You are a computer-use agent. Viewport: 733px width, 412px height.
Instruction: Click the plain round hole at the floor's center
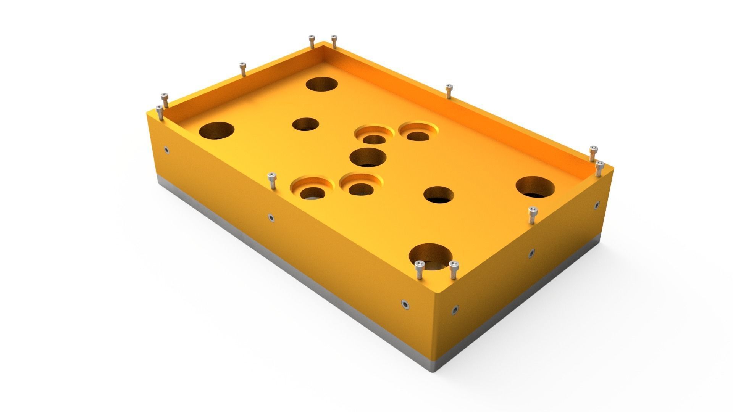point(368,158)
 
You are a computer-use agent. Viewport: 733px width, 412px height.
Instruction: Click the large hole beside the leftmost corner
point(216,130)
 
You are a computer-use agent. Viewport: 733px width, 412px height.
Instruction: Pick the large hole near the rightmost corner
point(535,187)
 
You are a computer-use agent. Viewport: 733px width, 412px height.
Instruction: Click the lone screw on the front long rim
point(271,180)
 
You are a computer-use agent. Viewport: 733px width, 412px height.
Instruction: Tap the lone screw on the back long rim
point(449,91)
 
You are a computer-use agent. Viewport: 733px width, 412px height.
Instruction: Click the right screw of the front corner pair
point(454,269)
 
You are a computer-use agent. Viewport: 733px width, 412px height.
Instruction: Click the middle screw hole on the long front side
point(271,218)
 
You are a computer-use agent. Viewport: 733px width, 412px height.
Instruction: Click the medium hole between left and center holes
point(305,124)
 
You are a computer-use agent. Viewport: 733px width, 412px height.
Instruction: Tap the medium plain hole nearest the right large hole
point(439,195)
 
